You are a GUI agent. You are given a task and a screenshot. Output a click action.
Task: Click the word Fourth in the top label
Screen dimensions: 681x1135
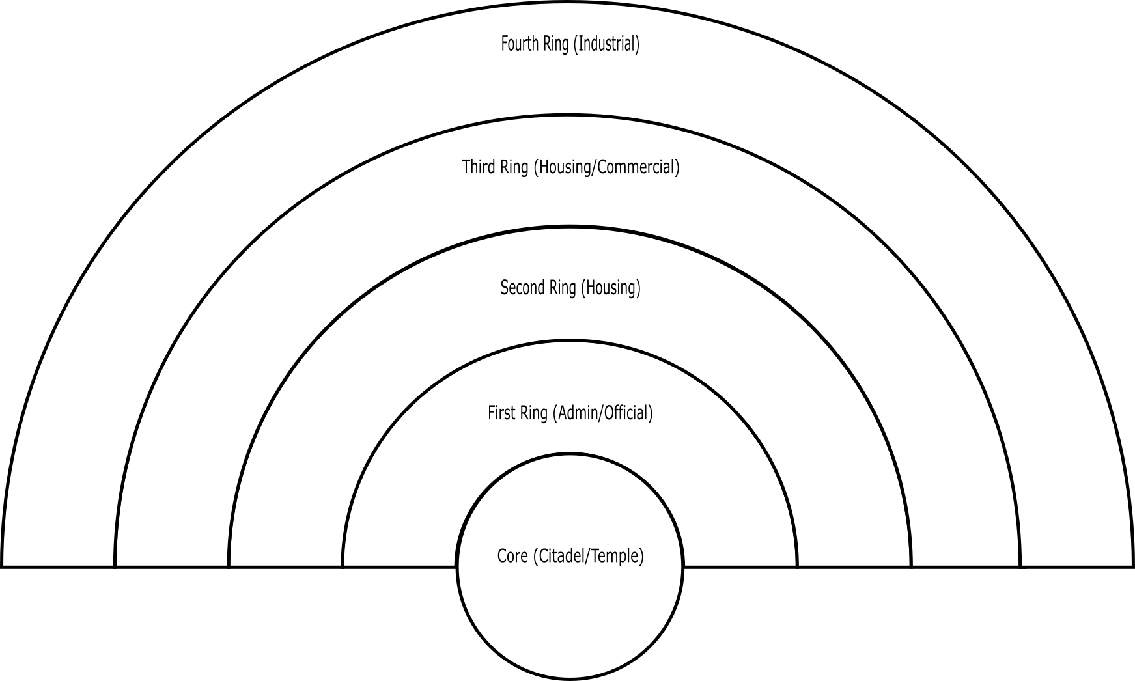click(x=520, y=44)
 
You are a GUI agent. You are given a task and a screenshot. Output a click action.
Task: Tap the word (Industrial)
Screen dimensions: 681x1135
click(x=606, y=44)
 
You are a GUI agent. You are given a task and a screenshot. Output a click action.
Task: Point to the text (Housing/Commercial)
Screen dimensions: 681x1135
click(x=606, y=167)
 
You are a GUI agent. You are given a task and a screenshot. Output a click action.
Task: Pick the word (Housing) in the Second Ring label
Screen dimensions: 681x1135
click(x=610, y=288)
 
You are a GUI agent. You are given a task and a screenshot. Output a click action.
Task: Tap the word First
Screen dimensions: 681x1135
click(x=501, y=413)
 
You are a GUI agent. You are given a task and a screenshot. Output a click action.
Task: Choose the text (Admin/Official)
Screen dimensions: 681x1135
click(x=602, y=413)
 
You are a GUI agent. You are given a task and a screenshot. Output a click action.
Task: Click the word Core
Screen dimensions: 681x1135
click(x=512, y=556)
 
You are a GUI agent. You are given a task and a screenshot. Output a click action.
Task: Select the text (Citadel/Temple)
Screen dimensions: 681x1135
click(x=588, y=557)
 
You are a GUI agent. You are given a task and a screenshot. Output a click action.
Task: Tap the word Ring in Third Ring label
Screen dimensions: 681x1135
click(x=515, y=167)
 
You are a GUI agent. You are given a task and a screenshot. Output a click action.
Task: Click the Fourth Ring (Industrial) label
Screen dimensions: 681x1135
click(x=570, y=44)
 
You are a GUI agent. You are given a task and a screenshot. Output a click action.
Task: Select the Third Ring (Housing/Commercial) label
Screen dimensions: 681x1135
click(x=570, y=167)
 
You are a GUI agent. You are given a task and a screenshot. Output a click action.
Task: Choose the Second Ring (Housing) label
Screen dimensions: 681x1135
click(x=570, y=288)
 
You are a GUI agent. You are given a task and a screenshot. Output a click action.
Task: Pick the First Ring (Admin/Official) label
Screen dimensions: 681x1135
click(x=570, y=413)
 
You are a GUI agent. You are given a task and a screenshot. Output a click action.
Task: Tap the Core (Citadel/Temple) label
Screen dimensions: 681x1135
click(x=570, y=557)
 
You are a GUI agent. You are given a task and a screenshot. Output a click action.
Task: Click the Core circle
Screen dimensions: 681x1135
click(x=570, y=612)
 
